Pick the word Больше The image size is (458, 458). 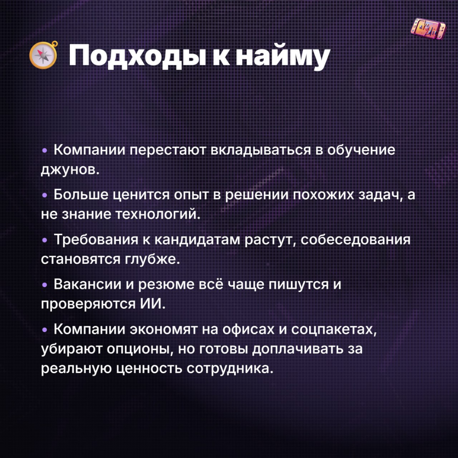click(81, 195)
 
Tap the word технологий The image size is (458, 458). click(156, 214)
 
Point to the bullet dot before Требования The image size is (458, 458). click(45, 240)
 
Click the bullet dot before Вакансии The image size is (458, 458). click(45, 285)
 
